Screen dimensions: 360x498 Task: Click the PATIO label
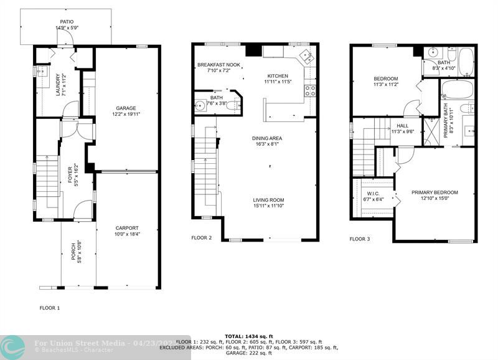coord(67,21)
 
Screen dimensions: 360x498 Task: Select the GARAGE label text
coord(125,108)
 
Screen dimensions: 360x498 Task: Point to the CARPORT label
coord(127,228)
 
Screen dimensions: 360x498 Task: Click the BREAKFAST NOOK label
coord(218,65)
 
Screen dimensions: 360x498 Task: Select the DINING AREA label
coord(267,138)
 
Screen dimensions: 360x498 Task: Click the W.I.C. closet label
coord(374,193)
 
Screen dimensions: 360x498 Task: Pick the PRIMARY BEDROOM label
coord(435,192)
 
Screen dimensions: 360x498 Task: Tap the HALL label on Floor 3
coord(403,125)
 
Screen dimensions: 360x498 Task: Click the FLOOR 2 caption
coord(201,238)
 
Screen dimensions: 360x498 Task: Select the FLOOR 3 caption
coord(360,239)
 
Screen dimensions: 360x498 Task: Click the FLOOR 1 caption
coord(50,308)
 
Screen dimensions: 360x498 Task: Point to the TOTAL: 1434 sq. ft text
coord(248,336)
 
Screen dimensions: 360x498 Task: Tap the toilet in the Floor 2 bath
coord(231,106)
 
